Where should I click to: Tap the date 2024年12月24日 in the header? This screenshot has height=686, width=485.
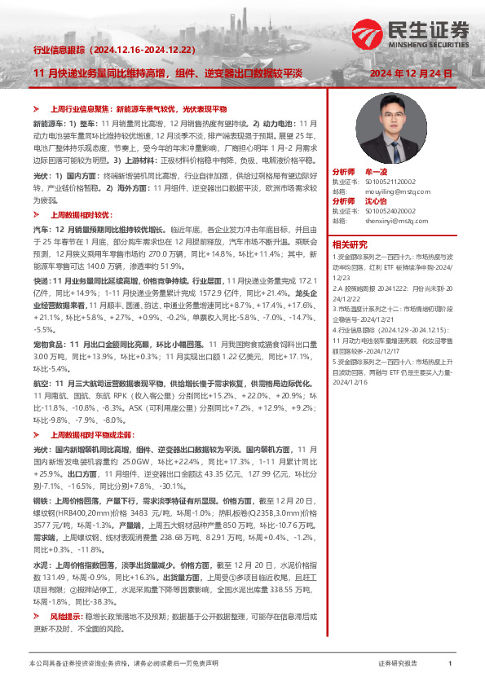pos(411,73)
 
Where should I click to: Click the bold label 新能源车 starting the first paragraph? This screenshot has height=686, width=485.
pos(49,122)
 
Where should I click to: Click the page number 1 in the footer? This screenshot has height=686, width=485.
pos(450,665)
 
